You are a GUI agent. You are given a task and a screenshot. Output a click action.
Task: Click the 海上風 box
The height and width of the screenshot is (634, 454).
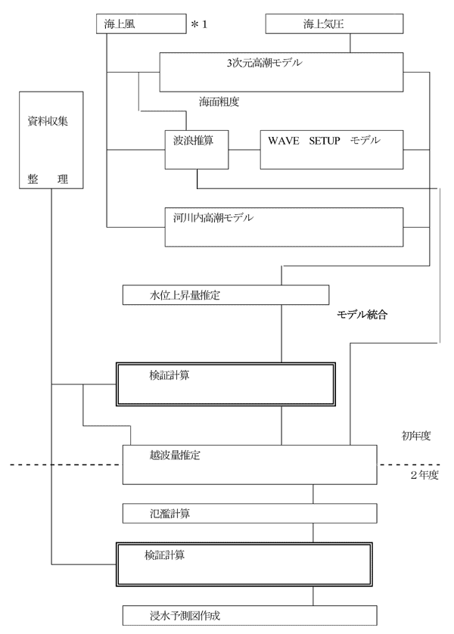click(141, 24)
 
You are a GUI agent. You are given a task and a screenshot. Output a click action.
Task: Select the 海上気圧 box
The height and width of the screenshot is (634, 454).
click(334, 24)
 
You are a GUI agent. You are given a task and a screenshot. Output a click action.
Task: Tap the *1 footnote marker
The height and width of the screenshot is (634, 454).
click(199, 24)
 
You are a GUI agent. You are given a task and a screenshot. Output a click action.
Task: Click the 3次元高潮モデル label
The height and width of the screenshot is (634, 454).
click(264, 63)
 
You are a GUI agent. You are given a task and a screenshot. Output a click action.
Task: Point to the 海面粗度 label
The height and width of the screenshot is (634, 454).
click(219, 101)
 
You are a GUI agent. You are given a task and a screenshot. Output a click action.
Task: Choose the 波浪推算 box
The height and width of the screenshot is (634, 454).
click(197, 150)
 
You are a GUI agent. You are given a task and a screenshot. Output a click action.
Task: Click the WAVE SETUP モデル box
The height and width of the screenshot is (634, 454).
click(331, 150)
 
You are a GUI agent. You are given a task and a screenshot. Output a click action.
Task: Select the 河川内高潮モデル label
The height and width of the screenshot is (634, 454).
click(213, 218)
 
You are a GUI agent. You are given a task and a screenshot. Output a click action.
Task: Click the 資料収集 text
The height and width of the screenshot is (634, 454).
click(48, 121)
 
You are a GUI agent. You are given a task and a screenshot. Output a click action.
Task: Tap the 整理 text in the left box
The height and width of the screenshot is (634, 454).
click(48, 179)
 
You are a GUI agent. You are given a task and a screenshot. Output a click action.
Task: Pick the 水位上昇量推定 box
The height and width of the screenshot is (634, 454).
click(225, 295)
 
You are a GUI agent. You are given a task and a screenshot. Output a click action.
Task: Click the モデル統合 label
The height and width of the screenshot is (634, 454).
click(362, 314)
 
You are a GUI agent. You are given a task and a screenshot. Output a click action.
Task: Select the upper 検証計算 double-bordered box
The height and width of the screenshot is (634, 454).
click(225, 384)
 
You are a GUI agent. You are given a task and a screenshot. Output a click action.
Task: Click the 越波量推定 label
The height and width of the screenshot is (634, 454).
click(175, 455)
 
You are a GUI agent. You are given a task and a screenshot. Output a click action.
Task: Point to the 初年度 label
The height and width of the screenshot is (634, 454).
click(416, 436)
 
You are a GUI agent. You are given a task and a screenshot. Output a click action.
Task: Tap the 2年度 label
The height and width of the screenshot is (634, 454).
click(424, 474)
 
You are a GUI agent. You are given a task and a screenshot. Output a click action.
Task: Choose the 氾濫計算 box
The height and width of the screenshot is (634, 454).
click(250, 514)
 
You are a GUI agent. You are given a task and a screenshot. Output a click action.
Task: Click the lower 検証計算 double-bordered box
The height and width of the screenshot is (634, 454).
click(244, 564)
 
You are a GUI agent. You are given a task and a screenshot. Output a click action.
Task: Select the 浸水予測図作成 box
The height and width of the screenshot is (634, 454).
click(250, 615)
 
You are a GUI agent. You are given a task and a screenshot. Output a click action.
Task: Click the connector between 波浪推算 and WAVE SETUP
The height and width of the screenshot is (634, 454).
click(244, 150)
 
